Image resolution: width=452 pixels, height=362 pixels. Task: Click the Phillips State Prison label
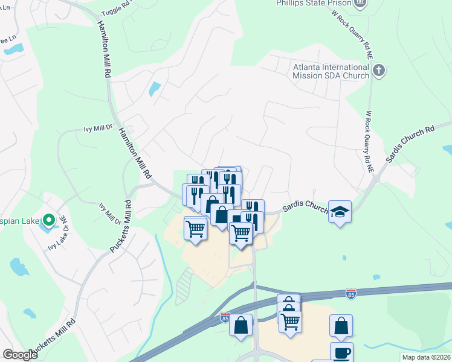coord(314,3)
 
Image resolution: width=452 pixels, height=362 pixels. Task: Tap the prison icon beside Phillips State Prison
coord(361,3)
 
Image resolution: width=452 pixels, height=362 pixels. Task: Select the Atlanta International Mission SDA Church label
coord(331,71)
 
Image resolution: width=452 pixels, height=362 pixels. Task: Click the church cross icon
coord(379,71)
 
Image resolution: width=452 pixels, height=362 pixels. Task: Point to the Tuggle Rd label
coord(117,7)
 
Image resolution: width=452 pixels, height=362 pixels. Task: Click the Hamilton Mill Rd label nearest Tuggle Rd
coord(103,49)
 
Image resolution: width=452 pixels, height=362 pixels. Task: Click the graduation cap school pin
coord(340,212)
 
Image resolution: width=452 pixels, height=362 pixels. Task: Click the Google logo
coord(21,355)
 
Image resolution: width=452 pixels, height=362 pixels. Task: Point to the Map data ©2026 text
coord(425,357)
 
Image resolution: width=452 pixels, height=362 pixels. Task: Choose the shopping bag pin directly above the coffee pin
coord(341,326)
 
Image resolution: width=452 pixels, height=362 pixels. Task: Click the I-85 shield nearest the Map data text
coord(351,294)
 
